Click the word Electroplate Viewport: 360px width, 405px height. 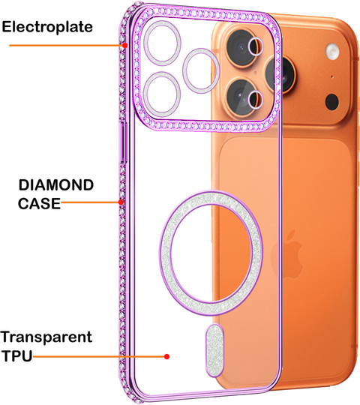[47, 27]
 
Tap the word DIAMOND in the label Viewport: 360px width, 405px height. [56, 185]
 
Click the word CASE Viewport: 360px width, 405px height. [39, 203]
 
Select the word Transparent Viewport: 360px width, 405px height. [46, 337]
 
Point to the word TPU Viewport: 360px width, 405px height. [17, 355]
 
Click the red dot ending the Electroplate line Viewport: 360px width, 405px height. [125, 46]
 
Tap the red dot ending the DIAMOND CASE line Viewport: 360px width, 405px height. [121, 202]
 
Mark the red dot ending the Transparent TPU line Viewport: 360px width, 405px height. [166, 357]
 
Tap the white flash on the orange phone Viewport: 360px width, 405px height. [332, 51]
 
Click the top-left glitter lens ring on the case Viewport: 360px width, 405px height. [162, 43]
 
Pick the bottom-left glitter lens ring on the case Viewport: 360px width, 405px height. [162, 94]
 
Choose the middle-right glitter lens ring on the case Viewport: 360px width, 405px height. [201, 70]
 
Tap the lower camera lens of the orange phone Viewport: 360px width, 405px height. [241, 97]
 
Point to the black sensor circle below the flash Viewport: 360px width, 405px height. [331, 101]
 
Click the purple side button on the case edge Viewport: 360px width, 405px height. [124, 142]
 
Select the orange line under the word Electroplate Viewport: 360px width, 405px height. [67, 46]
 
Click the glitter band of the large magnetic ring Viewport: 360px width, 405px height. [166, 253]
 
